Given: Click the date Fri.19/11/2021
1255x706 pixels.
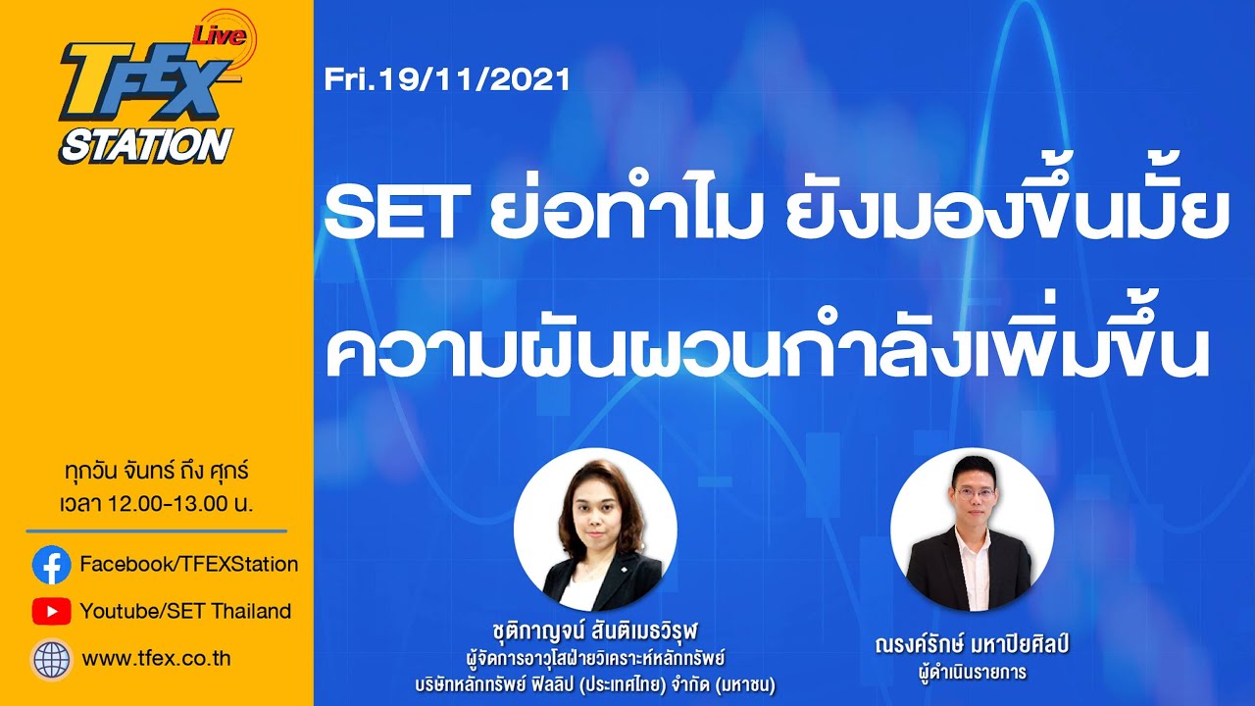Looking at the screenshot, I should [x=447, y=78].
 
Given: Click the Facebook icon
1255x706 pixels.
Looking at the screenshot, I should [x=51, y=565].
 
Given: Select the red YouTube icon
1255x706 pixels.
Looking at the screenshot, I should [x=51, y=612].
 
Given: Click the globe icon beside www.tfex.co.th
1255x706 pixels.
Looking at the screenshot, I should [x=51, y=659].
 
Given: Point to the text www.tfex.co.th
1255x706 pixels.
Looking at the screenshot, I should [x=156, y=659].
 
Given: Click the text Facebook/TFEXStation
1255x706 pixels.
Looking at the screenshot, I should [x=188, y=564].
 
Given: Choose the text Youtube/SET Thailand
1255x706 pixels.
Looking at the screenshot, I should [x=185, y=612].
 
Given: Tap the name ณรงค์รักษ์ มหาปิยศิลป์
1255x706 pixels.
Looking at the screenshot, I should [x=972, y=646].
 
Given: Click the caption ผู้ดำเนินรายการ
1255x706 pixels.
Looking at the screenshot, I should [x=972, y=673].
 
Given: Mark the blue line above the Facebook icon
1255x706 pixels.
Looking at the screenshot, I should [x=157, y=530].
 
